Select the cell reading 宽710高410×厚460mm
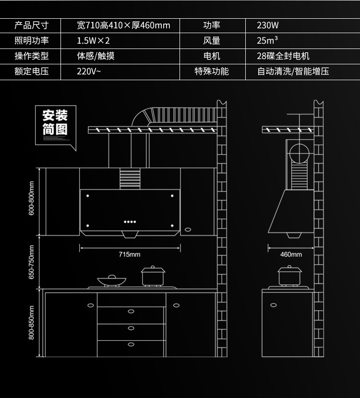pyautogui.click(x=123, y=25)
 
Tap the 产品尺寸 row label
pyautogui.click(x=32, y=25)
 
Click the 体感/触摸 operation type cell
pyautogui.click(x=96, y=56)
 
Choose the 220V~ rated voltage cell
pyautogui.click(x=89, y=72)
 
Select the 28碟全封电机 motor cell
pyautogui.click(x=283, y=56)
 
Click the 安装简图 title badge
pyautogui.click(x=55, y=122)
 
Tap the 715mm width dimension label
pyautogui.click(x=130, y=254)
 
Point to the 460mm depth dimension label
pyautogui.click(x=291, y=254)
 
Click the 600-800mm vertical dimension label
pyautogui.click(x=32, y=198)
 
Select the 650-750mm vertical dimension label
pyautogui.click(x=32, y=262)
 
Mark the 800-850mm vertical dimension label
pyautogui.click(x=32, y=322)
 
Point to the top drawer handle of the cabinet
pyautogui.click(x=131, y=311)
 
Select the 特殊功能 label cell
pyautogui.click(x=212, y=72)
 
